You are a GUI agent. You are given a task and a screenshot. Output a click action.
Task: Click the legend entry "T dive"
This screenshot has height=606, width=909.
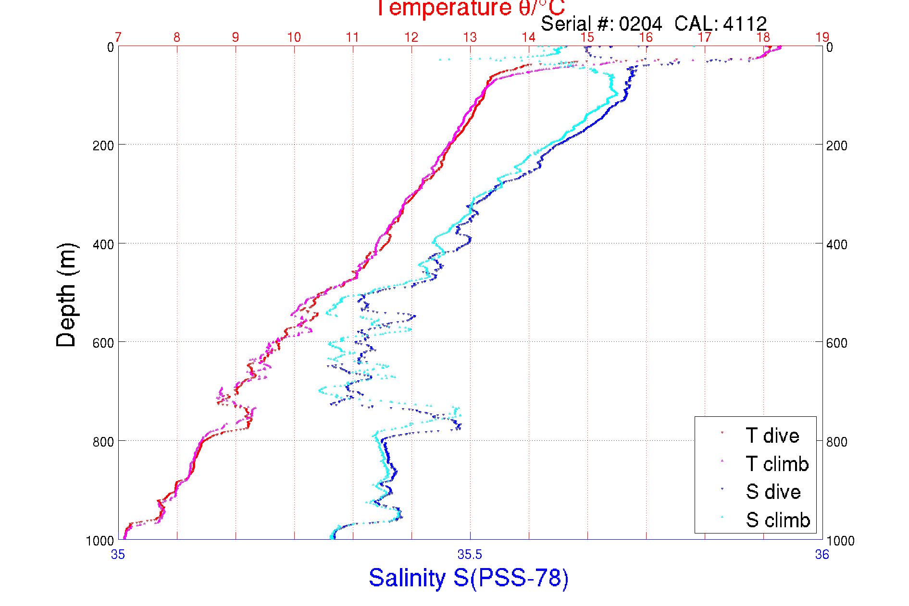click(x=772, y=436)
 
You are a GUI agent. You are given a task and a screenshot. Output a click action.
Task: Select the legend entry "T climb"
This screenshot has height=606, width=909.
click(x=777, y=464)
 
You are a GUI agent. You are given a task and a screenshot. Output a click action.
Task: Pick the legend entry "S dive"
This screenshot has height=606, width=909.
click(x=773, y=492)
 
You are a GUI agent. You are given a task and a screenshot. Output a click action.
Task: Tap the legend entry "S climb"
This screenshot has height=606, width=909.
click(x=778, y=520)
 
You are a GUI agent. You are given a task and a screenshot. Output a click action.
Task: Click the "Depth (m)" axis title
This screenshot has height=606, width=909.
click(x=66, y=295)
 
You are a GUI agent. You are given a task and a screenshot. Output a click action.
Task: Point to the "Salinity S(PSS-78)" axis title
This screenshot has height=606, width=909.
click(x=469, y=578)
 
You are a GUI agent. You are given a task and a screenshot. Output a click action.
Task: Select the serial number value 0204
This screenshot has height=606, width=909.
click(x=640, y=24)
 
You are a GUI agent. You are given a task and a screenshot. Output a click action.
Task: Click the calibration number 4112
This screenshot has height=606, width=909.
click(x=745, y=24)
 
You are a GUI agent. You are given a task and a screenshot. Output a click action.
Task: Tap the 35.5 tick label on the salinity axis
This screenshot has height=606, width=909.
click(x=470, y=555)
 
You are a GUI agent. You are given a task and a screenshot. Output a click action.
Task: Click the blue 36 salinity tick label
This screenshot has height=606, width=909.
click(x=822, y=555)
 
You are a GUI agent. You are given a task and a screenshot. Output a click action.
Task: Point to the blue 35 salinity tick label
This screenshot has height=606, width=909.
click(x=118, y=555)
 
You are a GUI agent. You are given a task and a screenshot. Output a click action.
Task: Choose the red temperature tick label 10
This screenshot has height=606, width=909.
click(x=294, y=37)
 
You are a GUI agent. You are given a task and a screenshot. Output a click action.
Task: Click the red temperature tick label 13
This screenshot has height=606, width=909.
click(x=470, y=37)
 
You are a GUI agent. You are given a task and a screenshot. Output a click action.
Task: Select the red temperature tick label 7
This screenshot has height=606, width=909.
click(x=118, y=37)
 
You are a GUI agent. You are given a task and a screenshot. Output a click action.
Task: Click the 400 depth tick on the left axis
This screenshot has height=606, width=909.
click(x=103, y=244)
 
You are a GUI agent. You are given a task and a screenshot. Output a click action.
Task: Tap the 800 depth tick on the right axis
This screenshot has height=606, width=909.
click(x=836, y=442)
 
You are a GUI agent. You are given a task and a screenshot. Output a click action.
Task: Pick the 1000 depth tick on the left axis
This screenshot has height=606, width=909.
click(x=100, y=541)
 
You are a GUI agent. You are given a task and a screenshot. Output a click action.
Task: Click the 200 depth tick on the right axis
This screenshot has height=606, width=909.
click(x=836, y=145)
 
